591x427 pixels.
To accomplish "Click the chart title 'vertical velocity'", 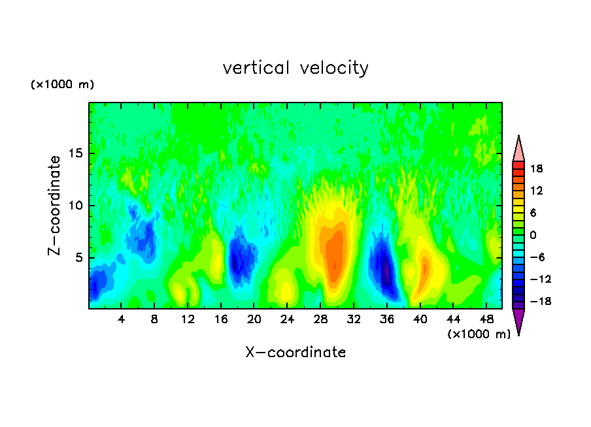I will point(295,68).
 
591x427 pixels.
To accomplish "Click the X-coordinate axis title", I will point(295,353).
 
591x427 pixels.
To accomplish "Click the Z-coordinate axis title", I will point(55,205).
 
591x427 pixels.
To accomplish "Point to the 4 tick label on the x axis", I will point(122,319).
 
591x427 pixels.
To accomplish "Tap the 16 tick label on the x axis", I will point(221,319).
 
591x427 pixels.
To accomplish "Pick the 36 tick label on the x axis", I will point(386,319).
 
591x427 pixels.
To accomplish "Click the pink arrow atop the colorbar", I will point(518,150).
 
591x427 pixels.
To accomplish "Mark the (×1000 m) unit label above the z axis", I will point(62,85).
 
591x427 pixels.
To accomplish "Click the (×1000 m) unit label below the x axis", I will point(479,334).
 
